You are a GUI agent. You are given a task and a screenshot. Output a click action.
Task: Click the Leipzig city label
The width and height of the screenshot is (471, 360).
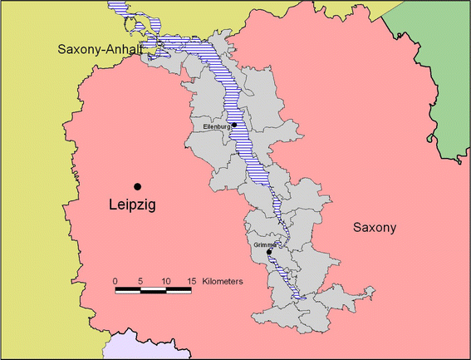[x=133, y=204]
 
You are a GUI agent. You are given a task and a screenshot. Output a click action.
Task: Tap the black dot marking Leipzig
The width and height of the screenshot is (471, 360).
[x=138, y=186]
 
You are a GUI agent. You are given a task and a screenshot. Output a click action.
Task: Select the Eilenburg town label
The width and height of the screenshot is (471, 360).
[x=217, y=126]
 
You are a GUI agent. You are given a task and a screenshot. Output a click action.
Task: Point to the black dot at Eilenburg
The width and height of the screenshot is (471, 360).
[x=235, y=126]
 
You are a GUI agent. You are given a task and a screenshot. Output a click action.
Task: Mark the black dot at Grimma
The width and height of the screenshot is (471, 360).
[x=281, y=252]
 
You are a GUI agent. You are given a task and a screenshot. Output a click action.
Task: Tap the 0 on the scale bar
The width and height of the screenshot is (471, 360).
[x=115, y=281]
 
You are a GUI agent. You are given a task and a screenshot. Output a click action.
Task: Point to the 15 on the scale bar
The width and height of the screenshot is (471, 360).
[x=192, y=281]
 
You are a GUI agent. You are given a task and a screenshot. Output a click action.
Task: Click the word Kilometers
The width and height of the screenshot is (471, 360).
[x=220, y=282]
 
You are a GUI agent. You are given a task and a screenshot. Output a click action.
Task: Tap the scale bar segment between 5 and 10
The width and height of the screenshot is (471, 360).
[x=154, y=291]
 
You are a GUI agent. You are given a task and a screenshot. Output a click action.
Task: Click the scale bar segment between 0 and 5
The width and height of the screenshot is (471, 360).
[x=128, y=291]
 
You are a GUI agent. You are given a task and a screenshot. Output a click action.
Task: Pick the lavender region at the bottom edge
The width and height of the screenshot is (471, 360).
[x=125, y=348]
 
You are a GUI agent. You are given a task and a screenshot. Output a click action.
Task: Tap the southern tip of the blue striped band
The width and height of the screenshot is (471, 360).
[x=302, y=298]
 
